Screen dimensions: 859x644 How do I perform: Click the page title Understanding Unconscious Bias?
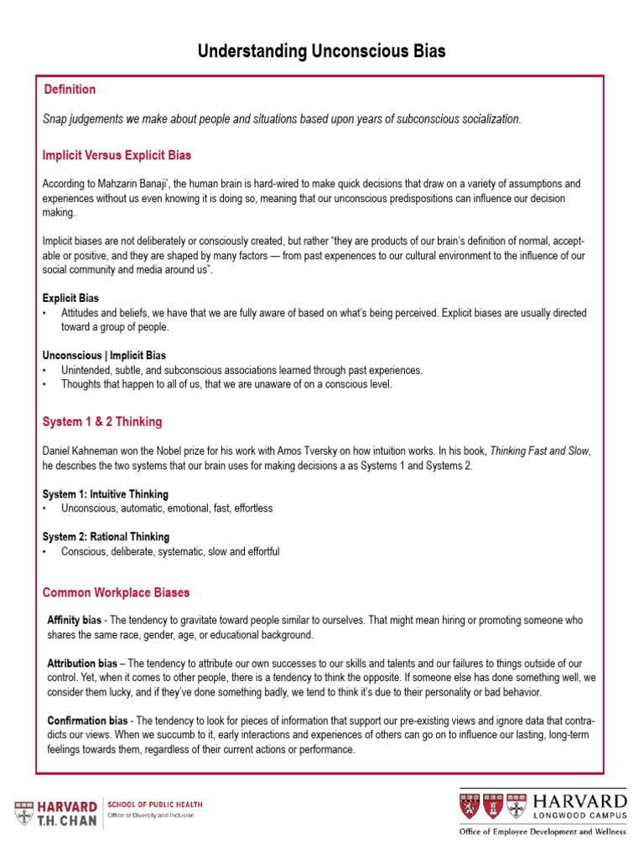(322, 52)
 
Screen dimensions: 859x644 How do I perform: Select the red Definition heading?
(70, 90)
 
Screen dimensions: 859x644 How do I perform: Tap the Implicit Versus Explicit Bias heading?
(117, 155)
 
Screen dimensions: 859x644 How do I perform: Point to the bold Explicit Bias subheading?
(70, 298)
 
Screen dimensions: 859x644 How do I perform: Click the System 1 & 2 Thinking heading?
(102, 422)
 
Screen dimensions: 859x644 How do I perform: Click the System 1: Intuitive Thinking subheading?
(106, 494)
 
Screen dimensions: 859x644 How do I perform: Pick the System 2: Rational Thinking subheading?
(106, 537)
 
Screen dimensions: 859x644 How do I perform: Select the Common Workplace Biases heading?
(116, 593)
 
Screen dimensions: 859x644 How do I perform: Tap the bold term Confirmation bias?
(87, 721)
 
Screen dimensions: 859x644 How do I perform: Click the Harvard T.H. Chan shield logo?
(25, 813)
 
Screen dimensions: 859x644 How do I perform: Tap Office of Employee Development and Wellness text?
(542, 832)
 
